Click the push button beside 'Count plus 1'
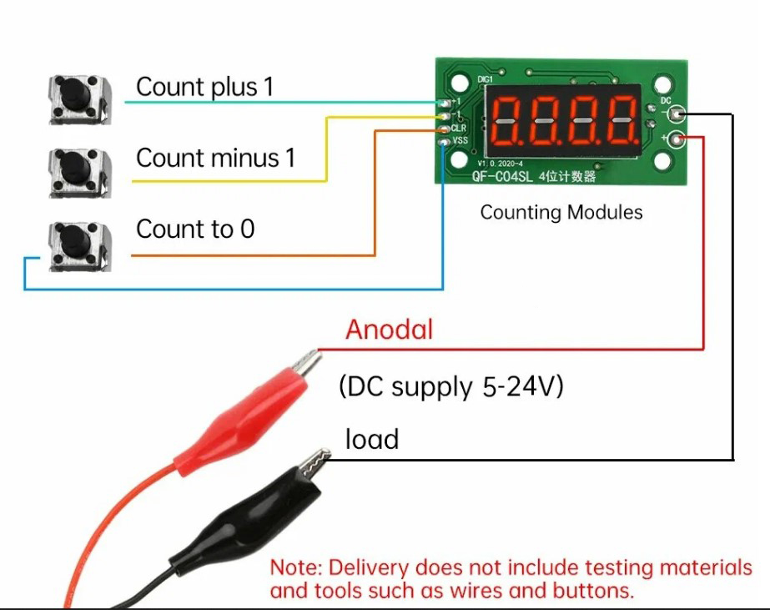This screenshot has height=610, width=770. pyautogui.click(x=79, y=98)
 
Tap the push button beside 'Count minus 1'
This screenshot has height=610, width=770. pyautogui.click(x=79, y=171)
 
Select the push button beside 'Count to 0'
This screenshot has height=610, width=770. pyautogui.click(x=79, y=243)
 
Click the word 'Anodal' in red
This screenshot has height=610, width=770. pyautogui.click(x=390, y=330)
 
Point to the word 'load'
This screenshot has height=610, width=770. pyautogui.click(x=372, y=439)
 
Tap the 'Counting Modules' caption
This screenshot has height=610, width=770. pyautogui.click(x=561, y=212)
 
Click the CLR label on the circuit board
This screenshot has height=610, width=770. pyautogui.click(x=459, y=129)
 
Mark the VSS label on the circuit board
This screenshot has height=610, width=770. pyautogui.click(x=459, y=141)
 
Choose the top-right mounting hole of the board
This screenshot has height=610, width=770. pyautogui.click(x=663, y=84)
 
